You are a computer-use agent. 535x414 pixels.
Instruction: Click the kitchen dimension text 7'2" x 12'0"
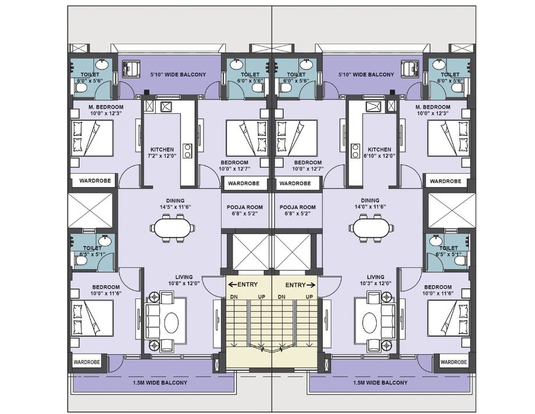point(162,156)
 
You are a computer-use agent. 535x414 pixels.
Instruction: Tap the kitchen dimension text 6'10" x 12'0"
point(379,156)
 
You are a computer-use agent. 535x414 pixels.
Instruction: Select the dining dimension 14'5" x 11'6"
point(176,207)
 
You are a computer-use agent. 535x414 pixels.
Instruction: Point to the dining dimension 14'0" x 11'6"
point(370,207)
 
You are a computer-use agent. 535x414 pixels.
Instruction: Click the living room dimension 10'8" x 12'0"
point(184,283)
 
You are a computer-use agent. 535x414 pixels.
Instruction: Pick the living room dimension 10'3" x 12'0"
point(376,283)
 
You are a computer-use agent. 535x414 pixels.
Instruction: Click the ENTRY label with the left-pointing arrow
point(242,285)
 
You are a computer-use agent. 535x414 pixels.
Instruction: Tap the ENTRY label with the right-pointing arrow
point(301,285)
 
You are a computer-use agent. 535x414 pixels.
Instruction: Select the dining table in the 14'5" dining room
point(172,228)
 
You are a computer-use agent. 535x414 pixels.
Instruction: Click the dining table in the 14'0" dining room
point(371,228)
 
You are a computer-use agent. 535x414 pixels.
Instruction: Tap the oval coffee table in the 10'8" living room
point(172,321)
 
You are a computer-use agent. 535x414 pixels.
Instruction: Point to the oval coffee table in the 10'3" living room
point(370,321)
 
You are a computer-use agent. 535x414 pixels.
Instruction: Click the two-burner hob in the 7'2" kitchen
point(187,150)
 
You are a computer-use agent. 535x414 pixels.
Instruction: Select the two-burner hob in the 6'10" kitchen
point(355,150)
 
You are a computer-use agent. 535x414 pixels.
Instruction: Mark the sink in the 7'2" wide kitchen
point(166,107)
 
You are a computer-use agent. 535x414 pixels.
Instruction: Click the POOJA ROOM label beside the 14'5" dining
point(245,207)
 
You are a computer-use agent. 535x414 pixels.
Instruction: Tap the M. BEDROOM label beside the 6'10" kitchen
point(433,107)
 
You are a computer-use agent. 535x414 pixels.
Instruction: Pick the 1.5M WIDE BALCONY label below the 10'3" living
point(380,383)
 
